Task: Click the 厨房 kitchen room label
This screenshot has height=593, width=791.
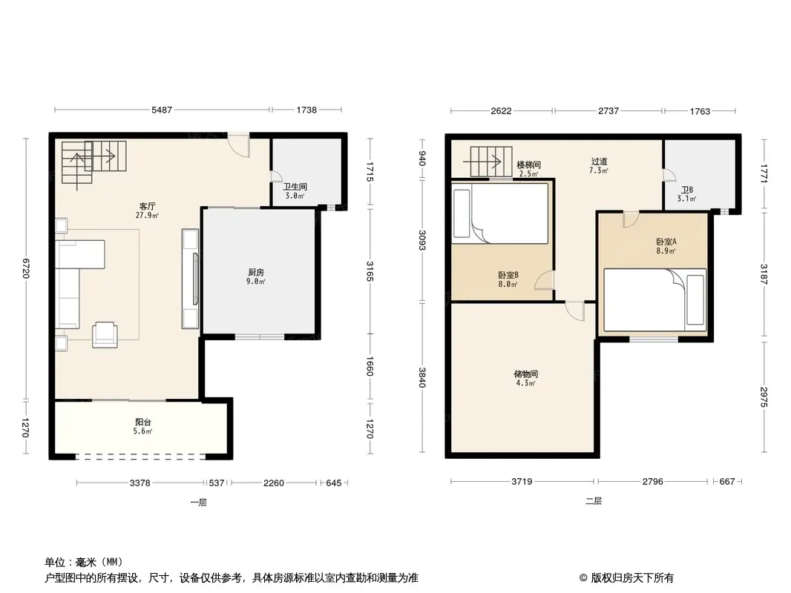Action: pyautogui.click(x=256, y=273)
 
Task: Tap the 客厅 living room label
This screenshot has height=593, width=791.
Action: pyautogui.click(x=148, y=206)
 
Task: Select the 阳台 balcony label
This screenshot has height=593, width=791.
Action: pyautogui.click(x=142, y=423)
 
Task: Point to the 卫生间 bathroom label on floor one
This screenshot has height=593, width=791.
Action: pyautogui.click(x=295, y=187)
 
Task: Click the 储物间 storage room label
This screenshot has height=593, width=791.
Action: pyautogui.click(x=525, y=374)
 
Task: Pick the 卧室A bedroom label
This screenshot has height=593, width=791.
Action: pyautogui.click(x=666, y=242)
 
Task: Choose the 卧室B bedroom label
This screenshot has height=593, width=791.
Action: pyautogui.click(x=508, y=275)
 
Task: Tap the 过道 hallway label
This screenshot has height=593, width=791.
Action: pyautogui.click(x=599, y=162)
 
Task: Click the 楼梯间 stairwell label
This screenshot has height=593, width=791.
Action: pyautogui.click(x=528, y=165)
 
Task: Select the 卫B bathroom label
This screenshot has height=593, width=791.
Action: pyautogui.click(x=687, y=190)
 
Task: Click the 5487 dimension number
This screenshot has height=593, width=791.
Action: pyautogui.click(x=162, y=110)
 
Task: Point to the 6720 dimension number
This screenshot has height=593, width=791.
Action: pyautogui.click(x=26, y=268)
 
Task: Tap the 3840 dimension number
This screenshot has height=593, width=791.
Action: pyautogui.click(x=422, y=378)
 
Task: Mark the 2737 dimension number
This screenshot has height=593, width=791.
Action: pyautogui.click(x=608, y=111)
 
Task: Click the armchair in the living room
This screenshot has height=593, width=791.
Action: pyautogui.click(x=105, y=334)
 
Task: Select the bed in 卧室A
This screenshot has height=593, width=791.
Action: pyautogui.click(x=654, y=299)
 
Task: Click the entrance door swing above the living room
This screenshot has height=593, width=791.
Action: pyautogui.click(x=238, y=145)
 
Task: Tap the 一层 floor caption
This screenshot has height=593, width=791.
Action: pyautogui.click(x=198, y=503)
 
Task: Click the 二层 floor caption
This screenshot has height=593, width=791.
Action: pyautogui.click(x=594, y=501)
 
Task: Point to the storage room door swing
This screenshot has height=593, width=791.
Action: pyautogui.click(x=575, y=311)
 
